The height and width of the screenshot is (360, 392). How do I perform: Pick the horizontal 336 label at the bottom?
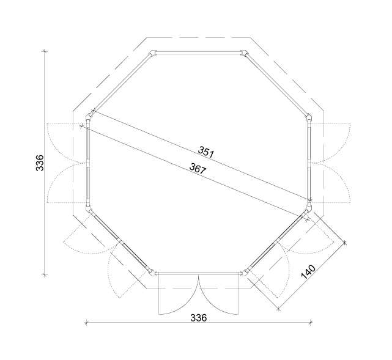coord(199,318)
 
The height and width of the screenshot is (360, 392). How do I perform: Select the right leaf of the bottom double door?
coord(218,295)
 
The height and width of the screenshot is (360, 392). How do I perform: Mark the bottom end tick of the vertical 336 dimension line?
coord(44,275)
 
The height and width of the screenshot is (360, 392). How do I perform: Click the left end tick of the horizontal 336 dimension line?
coord(86,321)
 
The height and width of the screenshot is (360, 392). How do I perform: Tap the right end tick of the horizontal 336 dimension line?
coord(312,321)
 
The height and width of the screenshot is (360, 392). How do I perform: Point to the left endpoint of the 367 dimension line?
coord(82,126)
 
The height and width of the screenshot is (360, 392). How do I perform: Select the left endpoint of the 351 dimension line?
coord(93,111)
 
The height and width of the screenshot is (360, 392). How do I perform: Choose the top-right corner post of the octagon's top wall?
coord(245,53)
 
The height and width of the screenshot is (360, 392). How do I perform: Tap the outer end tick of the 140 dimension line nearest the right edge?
coord(345,243)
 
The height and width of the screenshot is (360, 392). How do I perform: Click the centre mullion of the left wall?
coord(88,163)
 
